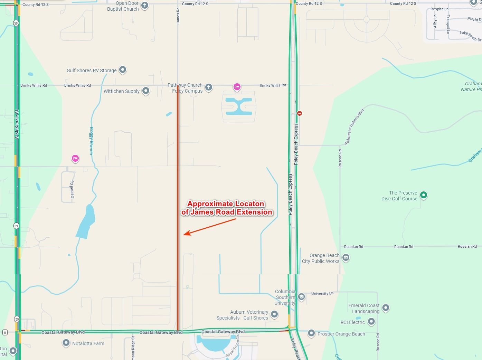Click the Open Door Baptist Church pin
[145, 5]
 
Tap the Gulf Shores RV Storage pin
[122, 70]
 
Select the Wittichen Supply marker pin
[146, 91]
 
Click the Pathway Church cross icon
[209, 87]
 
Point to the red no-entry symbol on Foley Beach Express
[300, 113]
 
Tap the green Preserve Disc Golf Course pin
[423, 195]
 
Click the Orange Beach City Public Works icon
[346, 257]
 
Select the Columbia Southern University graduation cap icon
[301, 297]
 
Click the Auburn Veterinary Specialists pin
[274, 314]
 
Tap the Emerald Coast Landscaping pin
[386, 307]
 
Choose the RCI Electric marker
[371, 322]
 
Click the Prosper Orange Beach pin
[311, 333]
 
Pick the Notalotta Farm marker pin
[66, 343]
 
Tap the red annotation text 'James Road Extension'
[227, 212]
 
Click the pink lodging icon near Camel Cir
[75, 158]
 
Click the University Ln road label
[322, 294]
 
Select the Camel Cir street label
[72, 189]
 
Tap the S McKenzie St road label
[17, 124]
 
